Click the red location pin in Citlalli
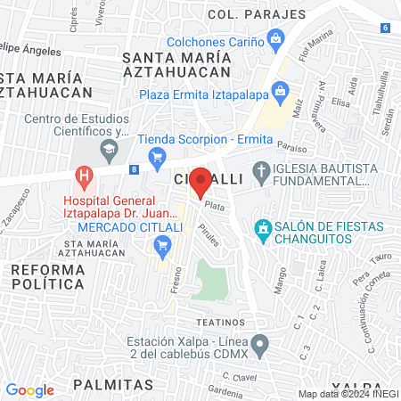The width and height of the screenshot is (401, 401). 201,181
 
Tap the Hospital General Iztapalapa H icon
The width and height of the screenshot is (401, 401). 85,176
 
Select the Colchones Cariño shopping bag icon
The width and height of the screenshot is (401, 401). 276,39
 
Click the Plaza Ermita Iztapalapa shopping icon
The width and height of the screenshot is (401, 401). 281,91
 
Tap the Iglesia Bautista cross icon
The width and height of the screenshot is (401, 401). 261,170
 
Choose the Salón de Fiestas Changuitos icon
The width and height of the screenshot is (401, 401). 262,229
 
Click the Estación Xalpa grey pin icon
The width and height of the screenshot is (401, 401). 259,343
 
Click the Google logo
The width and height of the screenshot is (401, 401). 29,389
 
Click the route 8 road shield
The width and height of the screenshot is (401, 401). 133,168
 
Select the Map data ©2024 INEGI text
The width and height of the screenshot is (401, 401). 348,394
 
